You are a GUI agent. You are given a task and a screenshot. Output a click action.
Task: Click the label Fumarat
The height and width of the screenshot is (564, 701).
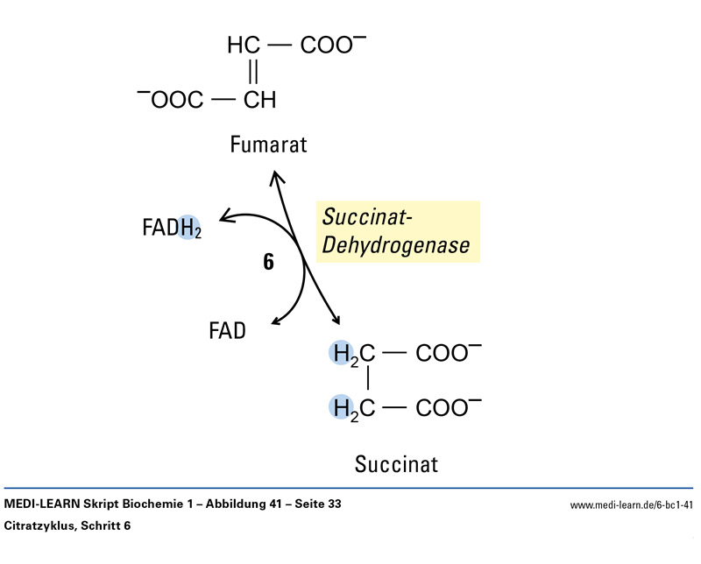[x=268, y=145]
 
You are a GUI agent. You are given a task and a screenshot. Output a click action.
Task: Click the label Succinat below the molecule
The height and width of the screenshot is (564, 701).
[x=396, y=462]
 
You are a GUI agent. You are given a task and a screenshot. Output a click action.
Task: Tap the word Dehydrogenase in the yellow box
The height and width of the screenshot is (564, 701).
[x=395, y=245]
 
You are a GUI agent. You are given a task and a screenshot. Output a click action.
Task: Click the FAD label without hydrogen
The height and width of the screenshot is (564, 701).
[x=227, y=330]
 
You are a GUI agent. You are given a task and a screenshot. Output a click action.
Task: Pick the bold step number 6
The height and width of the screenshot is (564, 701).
[x=269, y=261]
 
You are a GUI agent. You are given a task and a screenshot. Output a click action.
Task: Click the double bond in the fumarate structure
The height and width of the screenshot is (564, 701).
[x=254, y=72]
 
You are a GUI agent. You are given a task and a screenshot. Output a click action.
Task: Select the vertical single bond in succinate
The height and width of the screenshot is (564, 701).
[x=368, y=380]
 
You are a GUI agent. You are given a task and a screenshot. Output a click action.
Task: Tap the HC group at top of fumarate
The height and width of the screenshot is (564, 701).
[x=244, y=46]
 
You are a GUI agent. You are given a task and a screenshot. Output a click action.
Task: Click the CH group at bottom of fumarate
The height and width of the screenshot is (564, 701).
[x=259, y=100]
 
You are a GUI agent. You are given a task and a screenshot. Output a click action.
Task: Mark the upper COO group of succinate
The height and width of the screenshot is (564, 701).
[x=444, y=354]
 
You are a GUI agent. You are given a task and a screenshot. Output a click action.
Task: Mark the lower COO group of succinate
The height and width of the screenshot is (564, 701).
[x=444, y=406]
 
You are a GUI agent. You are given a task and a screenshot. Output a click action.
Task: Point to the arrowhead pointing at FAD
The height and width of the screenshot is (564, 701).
[x=277, y=323]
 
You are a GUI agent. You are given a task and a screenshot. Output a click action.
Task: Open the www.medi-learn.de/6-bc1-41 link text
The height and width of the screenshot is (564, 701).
[x=632, y=504]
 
